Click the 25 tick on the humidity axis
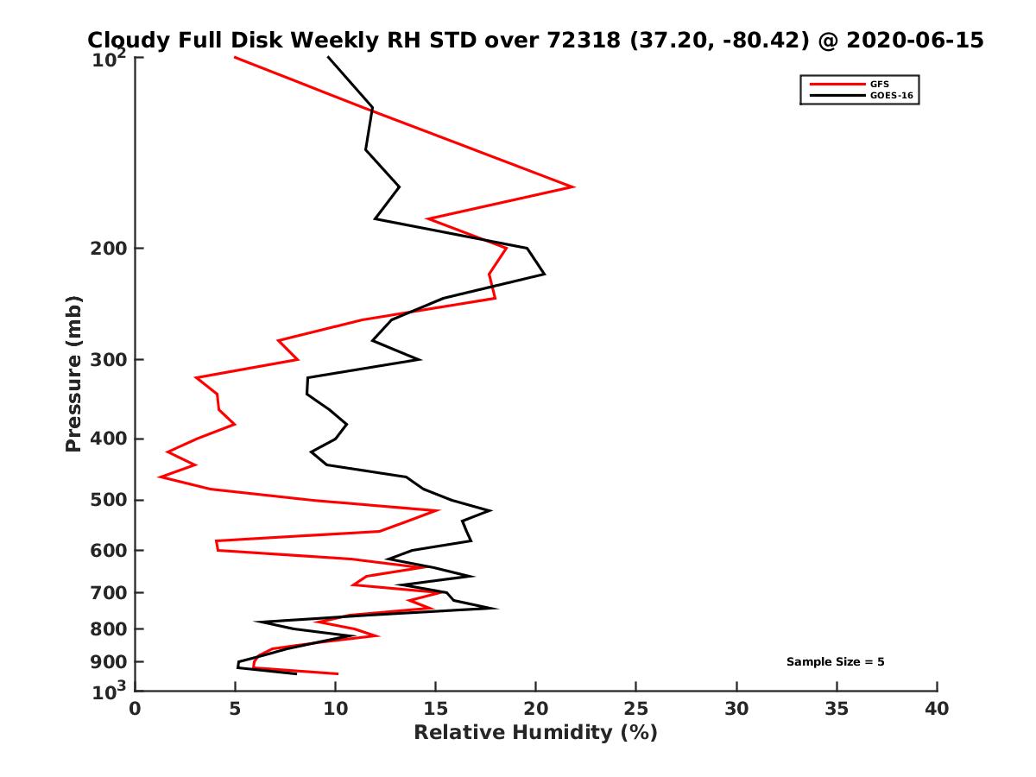pyautogui.click(x=636, y=709)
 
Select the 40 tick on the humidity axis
pyautogui.click(x=937, y=709)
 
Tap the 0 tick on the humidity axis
pyautogui.click(x=136, y=709)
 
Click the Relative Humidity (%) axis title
pyautogui.click(x=535, y=733)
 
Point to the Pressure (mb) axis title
pyautogui.click(x=73, y=373)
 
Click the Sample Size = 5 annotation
pyautogui.click(x=835, y=662)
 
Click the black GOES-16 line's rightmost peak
pyautogui.click(x=544, y=275)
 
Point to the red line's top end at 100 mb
pyautogui.click(x=235, y=57)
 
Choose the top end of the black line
pyautogui.click(x=328, y=57)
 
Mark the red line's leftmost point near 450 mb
pyautogui.click(x=160, y=477)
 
